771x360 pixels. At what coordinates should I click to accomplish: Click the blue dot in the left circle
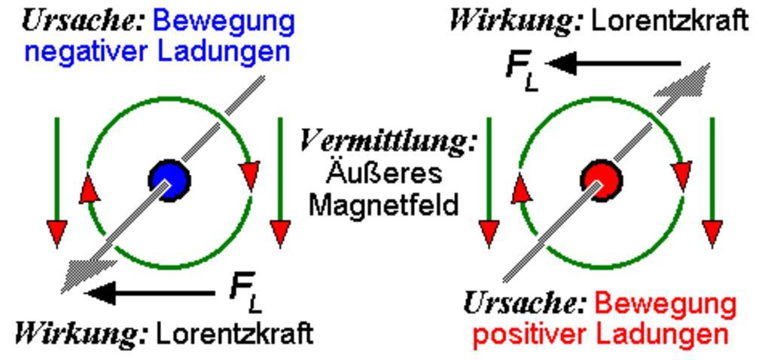169,179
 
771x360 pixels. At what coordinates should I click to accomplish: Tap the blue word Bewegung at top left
223,20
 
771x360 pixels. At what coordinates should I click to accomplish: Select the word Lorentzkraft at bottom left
233,333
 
